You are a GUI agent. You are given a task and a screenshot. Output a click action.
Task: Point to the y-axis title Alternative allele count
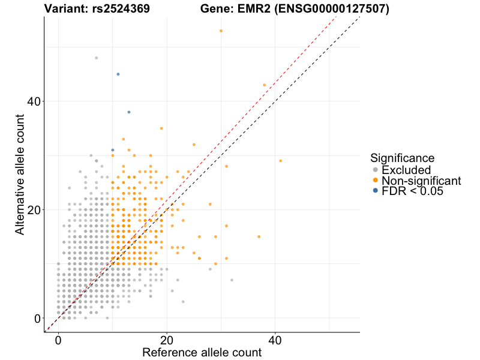click(20, 174)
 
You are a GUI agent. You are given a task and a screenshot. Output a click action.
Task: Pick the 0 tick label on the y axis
click(38, 318)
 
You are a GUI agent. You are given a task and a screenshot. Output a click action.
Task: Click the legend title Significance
click(402, 158)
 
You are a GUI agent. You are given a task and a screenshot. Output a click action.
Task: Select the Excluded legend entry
click(406, 170)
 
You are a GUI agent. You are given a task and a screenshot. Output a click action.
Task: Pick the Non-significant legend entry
click(421, 181)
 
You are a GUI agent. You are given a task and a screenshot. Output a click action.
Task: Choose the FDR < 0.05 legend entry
click(412, 191)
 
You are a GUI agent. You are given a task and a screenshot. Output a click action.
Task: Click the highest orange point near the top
click(221, 31)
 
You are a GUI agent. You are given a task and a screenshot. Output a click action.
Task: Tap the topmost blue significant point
click(118, 74)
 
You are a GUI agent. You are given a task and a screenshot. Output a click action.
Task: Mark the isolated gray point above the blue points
click(96, 58)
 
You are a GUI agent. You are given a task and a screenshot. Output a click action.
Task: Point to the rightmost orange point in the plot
click(280, 161)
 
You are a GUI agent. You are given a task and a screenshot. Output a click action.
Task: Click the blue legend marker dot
click(375, 191)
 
